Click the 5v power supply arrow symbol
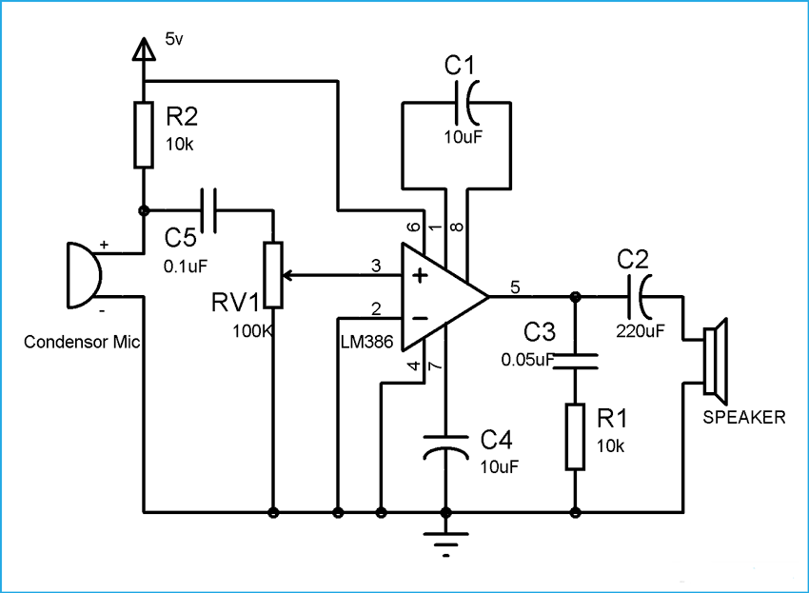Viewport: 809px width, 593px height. click(143, 49)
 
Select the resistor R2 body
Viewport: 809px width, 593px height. click(143, 134)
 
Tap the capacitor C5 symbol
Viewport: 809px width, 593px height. click(208, 209)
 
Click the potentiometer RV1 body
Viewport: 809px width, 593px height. click(273, 276)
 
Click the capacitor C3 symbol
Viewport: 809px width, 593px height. click(575, 359)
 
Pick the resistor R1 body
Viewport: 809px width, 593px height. click(575, 436)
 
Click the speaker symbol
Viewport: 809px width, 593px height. click(715, 358)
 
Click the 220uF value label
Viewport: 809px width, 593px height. click(640, 331)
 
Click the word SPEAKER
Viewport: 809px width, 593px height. click(744, 417)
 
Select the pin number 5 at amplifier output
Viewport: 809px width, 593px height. click(515, 286)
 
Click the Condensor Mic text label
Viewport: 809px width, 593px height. click(82, 342)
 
